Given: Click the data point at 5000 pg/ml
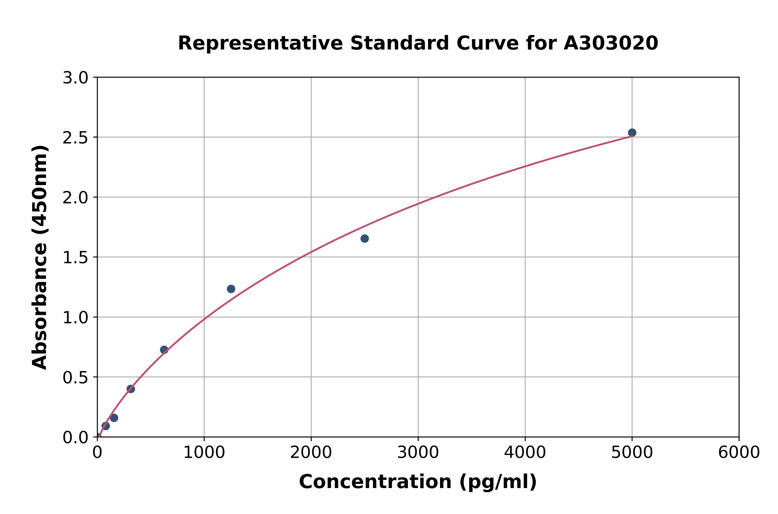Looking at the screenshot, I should tap(632, 132).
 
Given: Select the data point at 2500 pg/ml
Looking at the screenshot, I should tap(364, 238).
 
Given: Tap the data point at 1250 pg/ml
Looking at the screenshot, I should tap(231, 289).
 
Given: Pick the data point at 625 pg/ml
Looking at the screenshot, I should tap(164, 350).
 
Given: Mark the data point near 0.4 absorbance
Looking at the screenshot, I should tap(131, 389).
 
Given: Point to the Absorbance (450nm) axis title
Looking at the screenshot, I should tap(40, 257).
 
